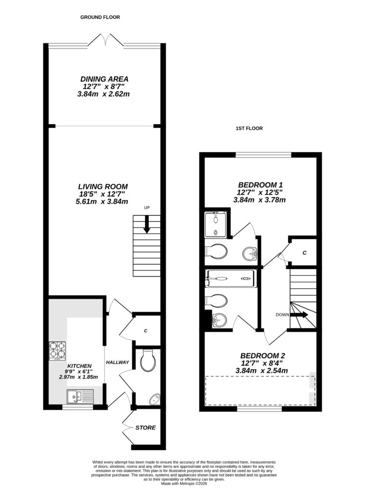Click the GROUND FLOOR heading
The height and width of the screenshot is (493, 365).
[x=100, y=17]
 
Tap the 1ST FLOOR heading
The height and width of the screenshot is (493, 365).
[x=249, y=129]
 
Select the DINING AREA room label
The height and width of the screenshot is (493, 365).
[x=104, y=79]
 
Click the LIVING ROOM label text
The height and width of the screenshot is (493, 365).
[x=103, y=186]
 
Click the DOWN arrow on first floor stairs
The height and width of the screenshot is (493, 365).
[x=302, y=315]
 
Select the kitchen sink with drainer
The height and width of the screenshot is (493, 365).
[x=80, y=397]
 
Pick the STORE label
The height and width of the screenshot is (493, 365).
[x=145, y=428]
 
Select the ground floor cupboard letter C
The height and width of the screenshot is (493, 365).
[x=145, y=331]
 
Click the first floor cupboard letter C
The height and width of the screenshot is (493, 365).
[x=304, y=252]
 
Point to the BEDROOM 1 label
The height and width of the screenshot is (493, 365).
[x=260, y=185]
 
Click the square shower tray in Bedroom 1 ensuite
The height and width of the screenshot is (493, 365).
[x=216, y=224]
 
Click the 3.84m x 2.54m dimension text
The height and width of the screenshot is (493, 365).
[x=261, y=371]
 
